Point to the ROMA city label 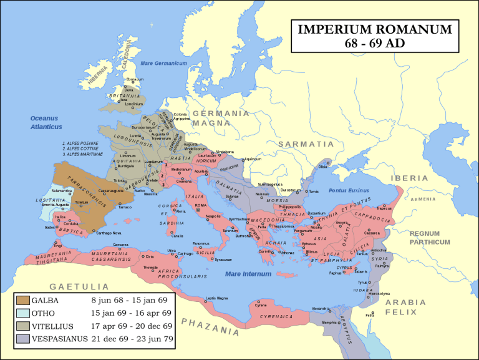coord(200,205)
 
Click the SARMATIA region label coord(301,144)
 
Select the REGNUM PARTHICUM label coord(430,238)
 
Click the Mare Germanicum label coord(164,64)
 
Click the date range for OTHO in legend coord(135,313)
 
